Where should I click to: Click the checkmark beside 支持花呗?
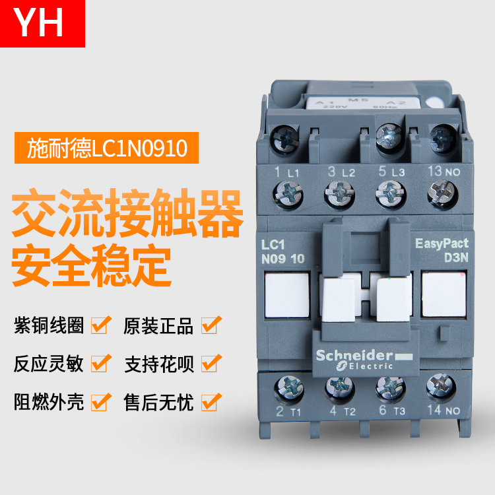click(x=211, y=363)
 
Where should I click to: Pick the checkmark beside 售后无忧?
click(x=211, y=401)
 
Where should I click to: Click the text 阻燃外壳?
click(x=49, y=402)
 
